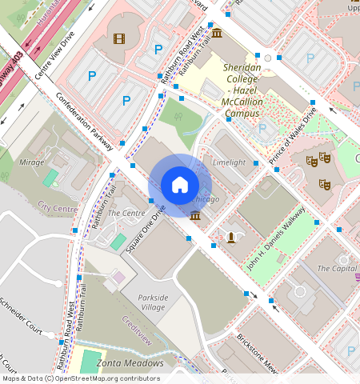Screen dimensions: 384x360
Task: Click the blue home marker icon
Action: coord(180,185)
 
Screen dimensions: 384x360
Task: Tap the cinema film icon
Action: coord(119,38)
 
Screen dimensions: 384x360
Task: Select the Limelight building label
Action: coord(229,162)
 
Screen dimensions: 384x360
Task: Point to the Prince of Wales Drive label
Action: coord(293,136)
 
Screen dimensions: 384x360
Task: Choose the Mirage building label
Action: coord(32,162)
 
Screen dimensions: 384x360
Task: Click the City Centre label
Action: coord(58,208)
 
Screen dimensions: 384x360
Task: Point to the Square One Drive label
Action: coord(145,230)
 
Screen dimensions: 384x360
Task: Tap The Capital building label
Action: coord(337,268)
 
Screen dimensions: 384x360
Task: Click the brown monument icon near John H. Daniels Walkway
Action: coord(232,237)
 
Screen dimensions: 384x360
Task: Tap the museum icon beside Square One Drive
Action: coord(196,214)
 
